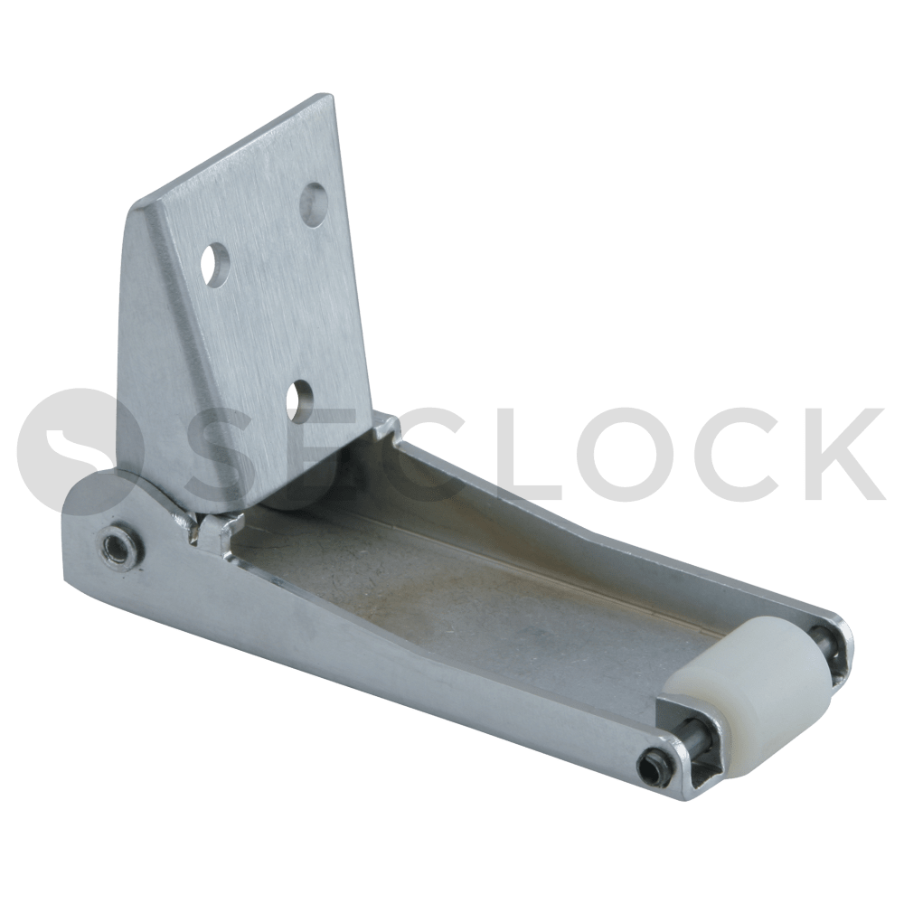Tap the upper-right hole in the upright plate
pyautogui.click(x=314, y=204)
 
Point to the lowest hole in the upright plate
pyautogui.click(x=299, y=400)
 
